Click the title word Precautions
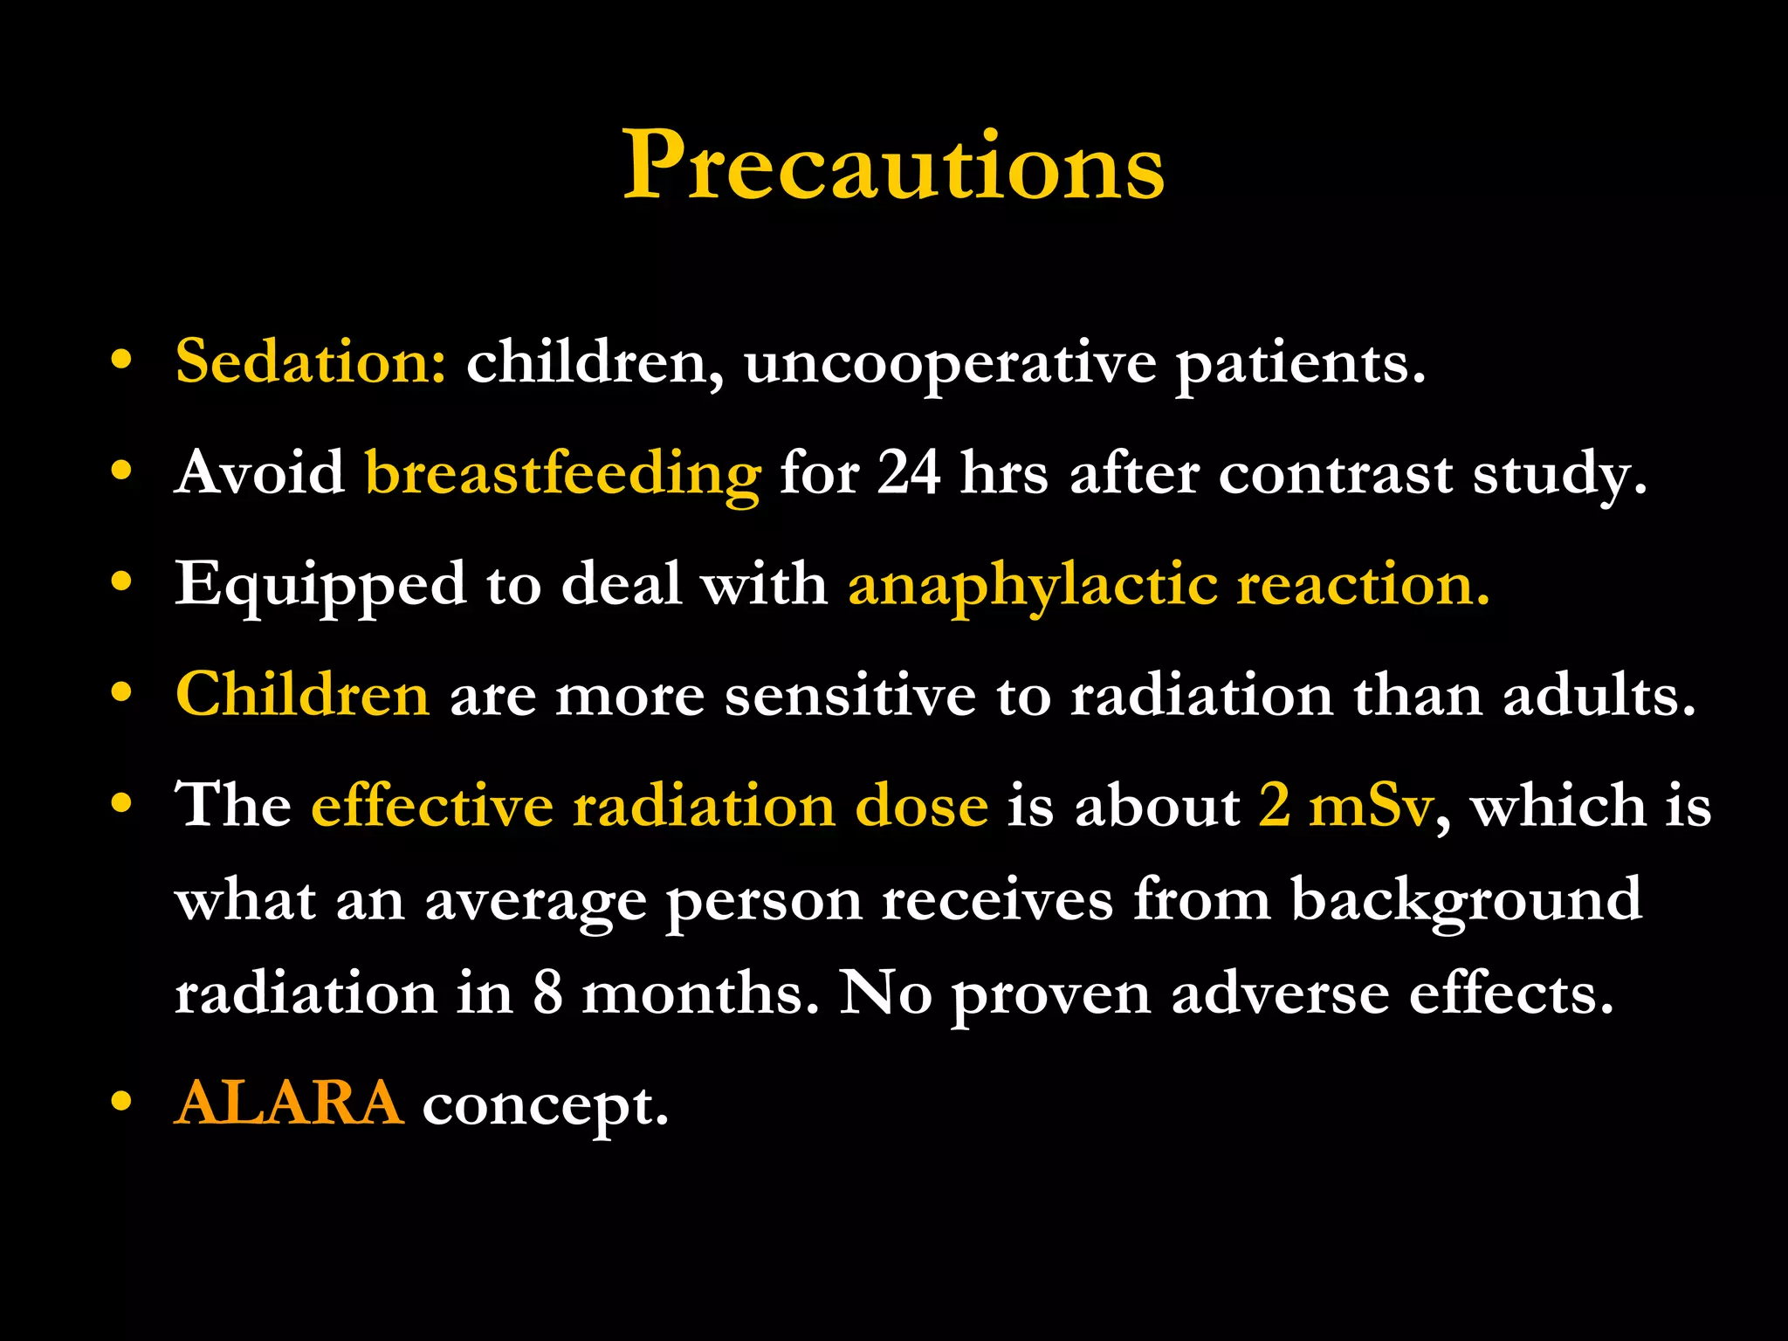pos(893,166)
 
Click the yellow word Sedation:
pos(311,361)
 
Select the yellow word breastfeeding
pos(562,474)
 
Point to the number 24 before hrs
pos(909,472)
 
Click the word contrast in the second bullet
pos(1335,474)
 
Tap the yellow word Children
pos(302,695)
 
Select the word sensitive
pos(849,696)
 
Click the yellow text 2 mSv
pos(1345,805)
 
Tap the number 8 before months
pos(547,993)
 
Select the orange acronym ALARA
pos(289,1103)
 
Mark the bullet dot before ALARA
pos(121,1102)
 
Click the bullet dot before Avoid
pos(121,471)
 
